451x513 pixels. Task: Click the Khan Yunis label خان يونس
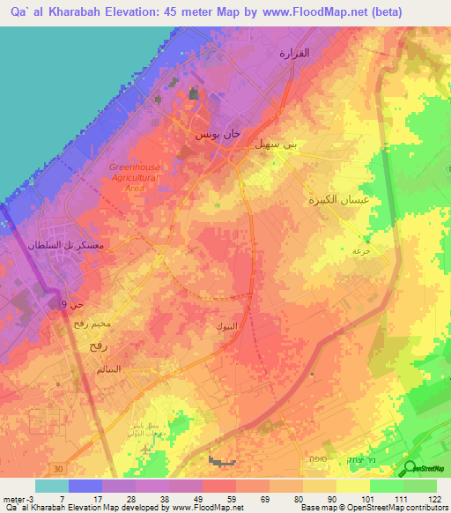[218, 135]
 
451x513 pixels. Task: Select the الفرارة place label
[294, 53]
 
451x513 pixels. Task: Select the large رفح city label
[99, 346]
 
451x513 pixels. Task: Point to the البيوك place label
[225, 326]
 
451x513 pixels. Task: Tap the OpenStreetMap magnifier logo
[410, 468]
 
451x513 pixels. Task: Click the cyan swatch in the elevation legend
[52, 486]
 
